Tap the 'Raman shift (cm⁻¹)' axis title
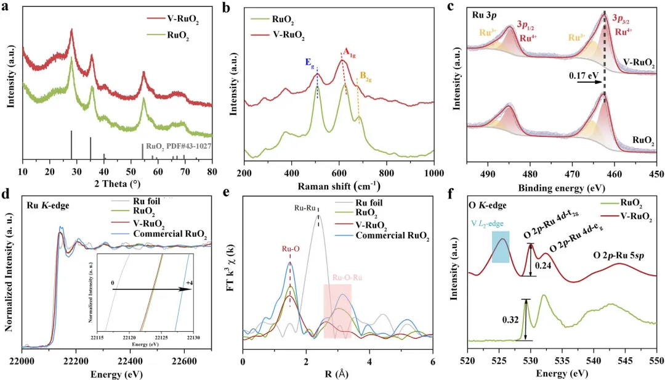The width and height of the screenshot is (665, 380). click(x=340, y=184)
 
